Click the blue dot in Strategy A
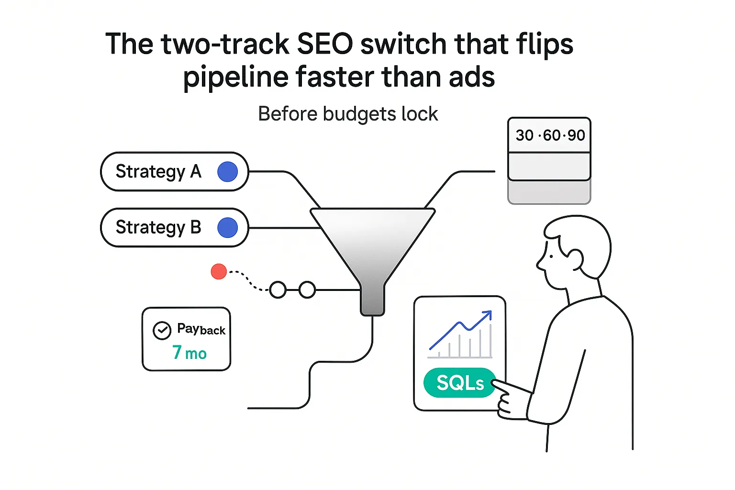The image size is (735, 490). click(227, 172)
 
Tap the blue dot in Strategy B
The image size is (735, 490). click(227, 228)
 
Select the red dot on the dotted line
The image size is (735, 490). click(219, 271)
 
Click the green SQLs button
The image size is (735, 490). click(460, 383)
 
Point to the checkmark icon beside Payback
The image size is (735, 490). click(162, 330)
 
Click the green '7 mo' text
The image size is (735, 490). click(189, 353)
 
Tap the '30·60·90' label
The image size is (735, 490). click(550, 135)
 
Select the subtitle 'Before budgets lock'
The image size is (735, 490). click(348, 114)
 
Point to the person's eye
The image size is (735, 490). click(551, 256)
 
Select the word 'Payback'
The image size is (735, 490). click(201, 329)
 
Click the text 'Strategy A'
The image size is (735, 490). click(158, 172)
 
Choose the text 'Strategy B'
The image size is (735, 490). click(158, 228)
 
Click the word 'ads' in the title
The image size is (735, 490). click(471, 78)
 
